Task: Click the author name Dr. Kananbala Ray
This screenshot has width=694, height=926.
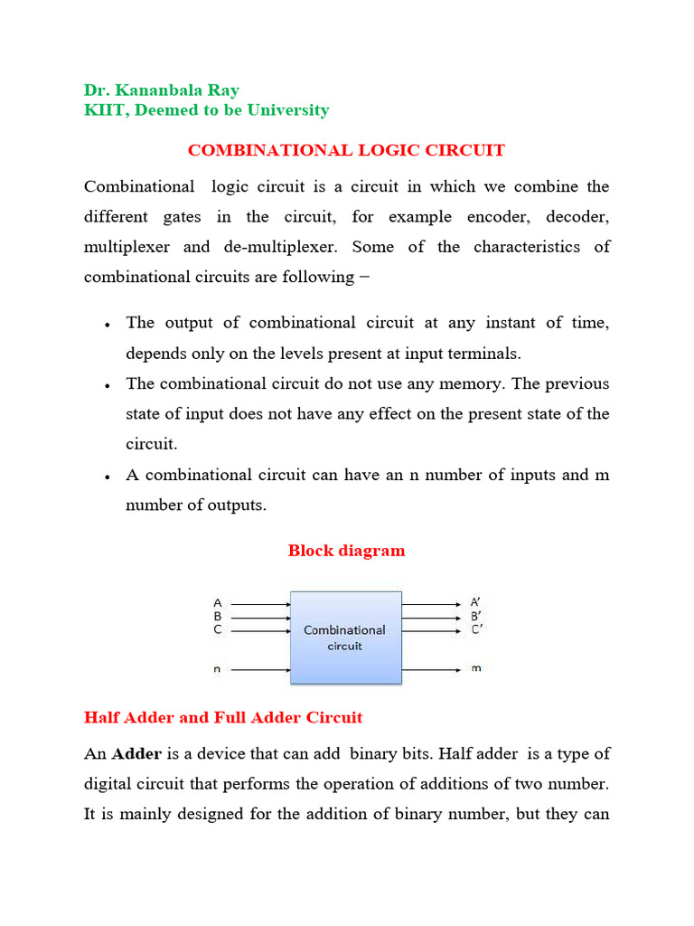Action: coord(162,90)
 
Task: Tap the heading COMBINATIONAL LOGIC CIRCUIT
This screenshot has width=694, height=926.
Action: coord(346,150)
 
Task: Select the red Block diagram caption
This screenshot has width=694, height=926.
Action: coord(346,550)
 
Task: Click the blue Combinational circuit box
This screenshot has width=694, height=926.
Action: coord(345,637)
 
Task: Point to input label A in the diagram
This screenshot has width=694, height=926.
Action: coord(217,602)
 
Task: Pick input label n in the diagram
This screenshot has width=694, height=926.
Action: coord(217,670)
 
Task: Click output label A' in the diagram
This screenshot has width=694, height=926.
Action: coord(475,602)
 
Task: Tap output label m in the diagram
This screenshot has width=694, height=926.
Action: coord(476,670)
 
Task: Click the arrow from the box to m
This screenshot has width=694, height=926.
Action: coord(431,670)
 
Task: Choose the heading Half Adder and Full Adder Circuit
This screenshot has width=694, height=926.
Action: coord(223,717)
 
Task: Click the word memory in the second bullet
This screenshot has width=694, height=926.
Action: coord(474,383)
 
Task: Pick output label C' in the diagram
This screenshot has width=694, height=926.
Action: coord(476,629)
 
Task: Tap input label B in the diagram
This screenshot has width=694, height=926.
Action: coord(217,616)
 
